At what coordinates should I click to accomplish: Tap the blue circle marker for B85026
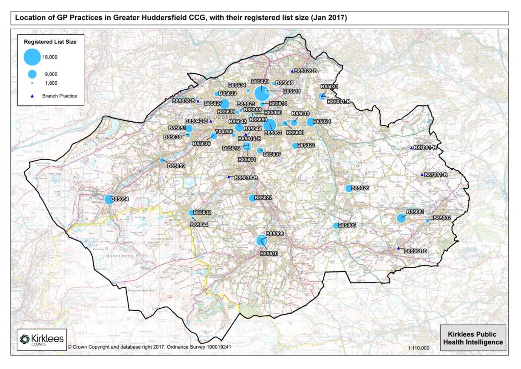tap(349, 188)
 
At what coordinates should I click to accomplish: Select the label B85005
tap(347, 226)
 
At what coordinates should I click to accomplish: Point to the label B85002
tap(442, 218)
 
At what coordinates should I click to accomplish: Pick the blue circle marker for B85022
tap(252, 198)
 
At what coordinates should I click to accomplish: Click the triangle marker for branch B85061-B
tap(399, 248)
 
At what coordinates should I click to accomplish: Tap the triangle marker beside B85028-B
tap(292, 70)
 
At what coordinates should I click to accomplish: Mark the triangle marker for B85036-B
tap(229, 176)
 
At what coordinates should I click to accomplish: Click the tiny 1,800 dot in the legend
tap(32, 83)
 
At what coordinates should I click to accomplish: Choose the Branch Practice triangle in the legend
tap(32, 96)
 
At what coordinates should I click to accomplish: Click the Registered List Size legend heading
tap(50, 42)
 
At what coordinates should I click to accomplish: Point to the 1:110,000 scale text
tap(419, 348)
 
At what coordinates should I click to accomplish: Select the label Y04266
tap(224, 132)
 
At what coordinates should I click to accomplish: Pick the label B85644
tap(200, 225)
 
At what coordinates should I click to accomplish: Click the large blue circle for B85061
tap(401, 218)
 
